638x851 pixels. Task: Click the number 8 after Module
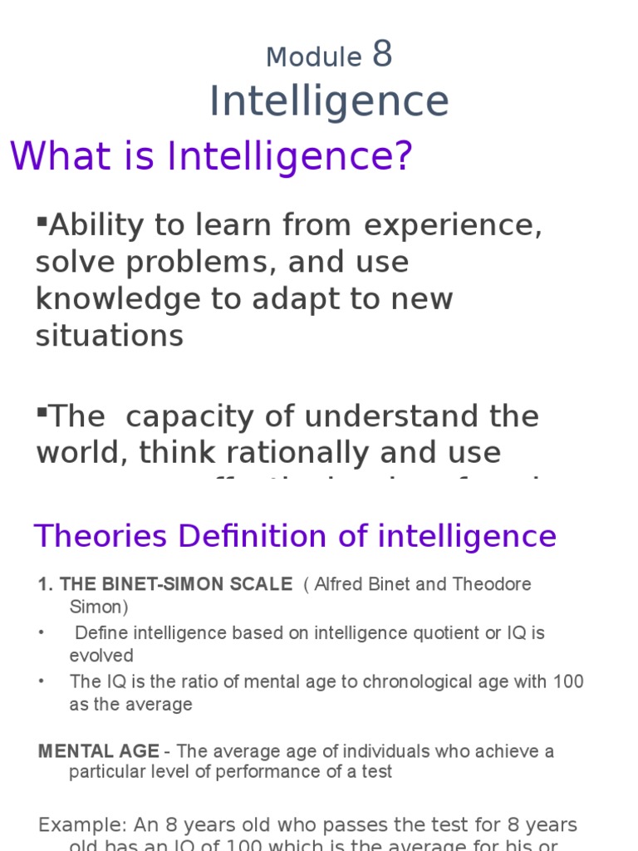pyautogui.click(x=382, y=55)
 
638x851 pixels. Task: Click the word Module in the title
pyautogui.click(x=314, y=57)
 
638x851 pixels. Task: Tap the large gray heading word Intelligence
pyautogui.click(x=329, y=101)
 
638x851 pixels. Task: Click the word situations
pyautogui.click(x=109, y=336)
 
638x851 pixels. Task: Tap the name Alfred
pyautogui.click(x=341, y=584)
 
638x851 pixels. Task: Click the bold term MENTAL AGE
pyautogui.click(x=98, y=751)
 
